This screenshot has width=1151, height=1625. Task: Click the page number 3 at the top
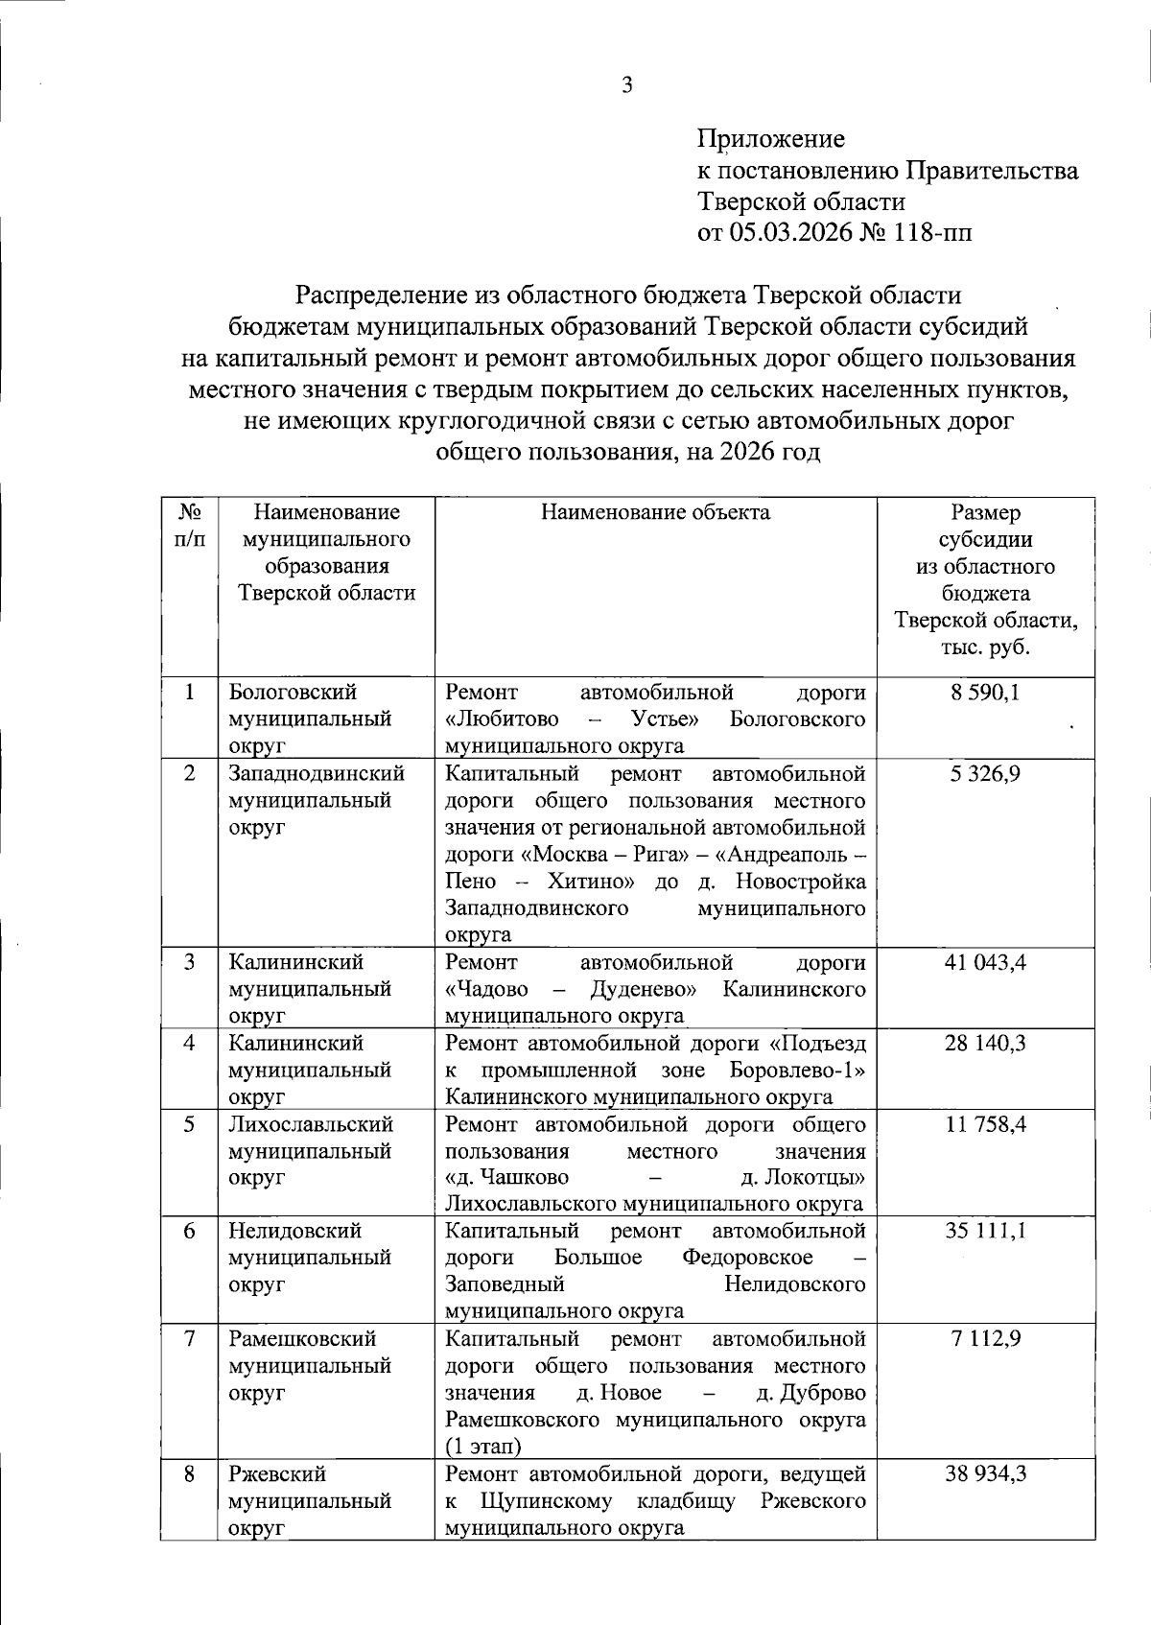627,86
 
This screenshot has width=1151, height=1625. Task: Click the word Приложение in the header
771,140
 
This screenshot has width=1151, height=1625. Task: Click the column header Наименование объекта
655,512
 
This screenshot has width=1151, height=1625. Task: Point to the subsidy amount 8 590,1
986,692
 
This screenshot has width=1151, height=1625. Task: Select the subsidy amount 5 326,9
986,773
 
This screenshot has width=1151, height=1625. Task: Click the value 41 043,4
986,961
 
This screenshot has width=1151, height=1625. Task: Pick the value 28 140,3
986,1043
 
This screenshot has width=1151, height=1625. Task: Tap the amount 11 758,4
986,1123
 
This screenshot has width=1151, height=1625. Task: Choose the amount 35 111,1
986,1231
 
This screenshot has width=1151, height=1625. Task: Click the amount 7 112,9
986,1338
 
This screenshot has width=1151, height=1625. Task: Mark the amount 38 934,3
986,1473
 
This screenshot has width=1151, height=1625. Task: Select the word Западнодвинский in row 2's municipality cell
317,773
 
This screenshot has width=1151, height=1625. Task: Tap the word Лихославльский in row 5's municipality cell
311,1123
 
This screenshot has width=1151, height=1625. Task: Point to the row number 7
190,1338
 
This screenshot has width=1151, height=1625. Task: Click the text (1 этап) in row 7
483,1446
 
